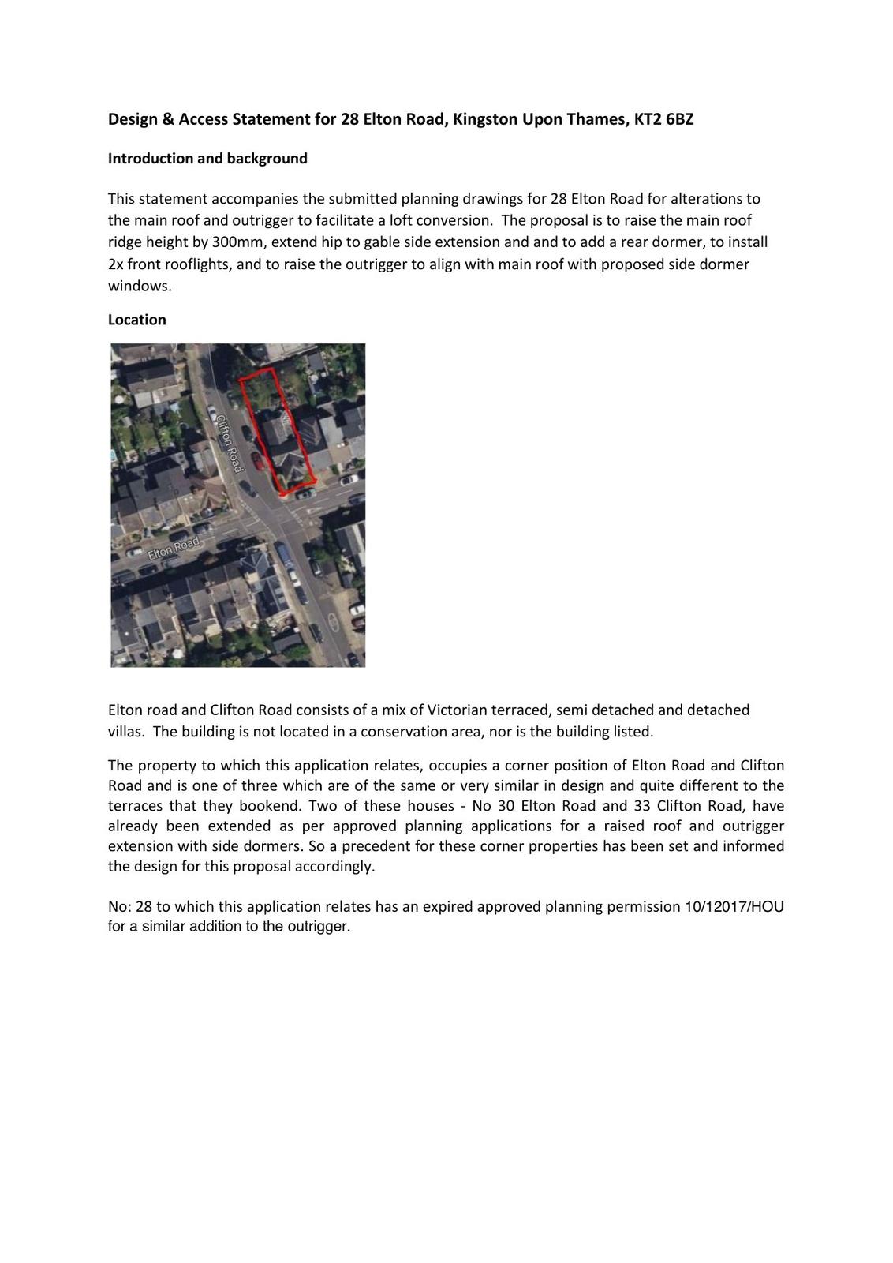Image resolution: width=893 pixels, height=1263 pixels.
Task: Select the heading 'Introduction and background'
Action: pyautogui.click(x=207, y=158)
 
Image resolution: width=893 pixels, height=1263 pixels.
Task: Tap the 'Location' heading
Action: pyautogui.click(x=137, y=320)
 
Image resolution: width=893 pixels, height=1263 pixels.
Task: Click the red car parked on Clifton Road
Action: pyautogui.click(x=258, y=459)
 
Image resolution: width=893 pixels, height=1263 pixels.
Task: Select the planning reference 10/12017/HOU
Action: pyautogui.click(x=734, y=906)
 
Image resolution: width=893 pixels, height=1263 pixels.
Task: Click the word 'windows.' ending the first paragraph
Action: pyautogui.click(x=140, y=286)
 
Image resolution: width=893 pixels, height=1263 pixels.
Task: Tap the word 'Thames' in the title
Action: pyautogui.click(x=599, y=119)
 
